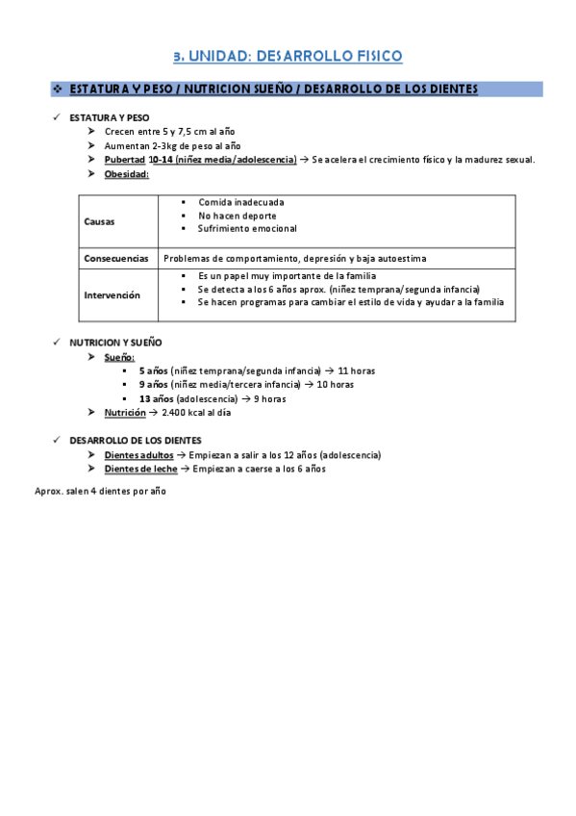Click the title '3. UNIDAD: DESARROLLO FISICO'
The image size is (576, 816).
(288, 57)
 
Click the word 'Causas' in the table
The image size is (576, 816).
(99, 221)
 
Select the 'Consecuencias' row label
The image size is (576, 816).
(116, 258)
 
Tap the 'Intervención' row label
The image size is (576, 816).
(112, 295)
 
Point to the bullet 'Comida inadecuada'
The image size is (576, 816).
(241, 202)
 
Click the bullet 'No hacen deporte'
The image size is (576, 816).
(237, 216)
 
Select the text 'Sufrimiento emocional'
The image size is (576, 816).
(247, 229)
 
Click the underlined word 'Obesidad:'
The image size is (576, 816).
(127, 174)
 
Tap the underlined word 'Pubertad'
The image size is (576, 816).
(124, 160)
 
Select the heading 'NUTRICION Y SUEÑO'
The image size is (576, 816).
(115, 343)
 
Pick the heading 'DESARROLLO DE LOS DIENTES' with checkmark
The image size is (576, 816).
(136, 441)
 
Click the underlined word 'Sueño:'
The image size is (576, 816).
(120, 357)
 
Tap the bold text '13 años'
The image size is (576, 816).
(156, 398)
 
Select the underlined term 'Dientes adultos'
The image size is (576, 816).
(139, 455)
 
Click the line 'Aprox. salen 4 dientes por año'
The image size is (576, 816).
(100, 491)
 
